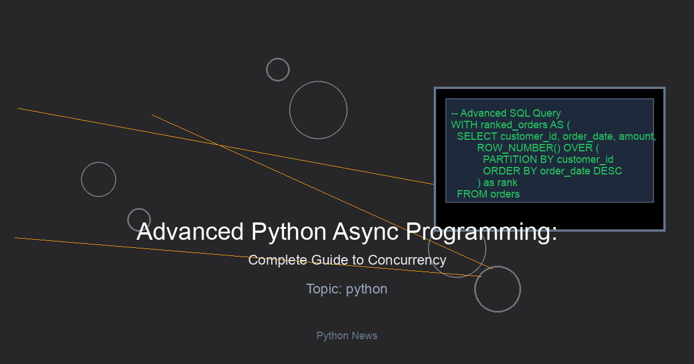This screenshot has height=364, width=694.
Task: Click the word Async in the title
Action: (366, 232)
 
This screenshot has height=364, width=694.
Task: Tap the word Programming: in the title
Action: (481, 232)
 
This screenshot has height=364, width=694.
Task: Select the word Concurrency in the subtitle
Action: (407, 261)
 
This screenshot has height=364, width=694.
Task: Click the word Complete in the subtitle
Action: (278, 261)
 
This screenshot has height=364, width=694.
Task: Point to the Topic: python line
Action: (346, 289)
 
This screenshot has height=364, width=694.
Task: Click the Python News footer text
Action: (346, 336)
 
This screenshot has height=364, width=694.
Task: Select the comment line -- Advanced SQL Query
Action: (506, 113)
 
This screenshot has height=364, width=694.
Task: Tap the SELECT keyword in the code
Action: (477, 136)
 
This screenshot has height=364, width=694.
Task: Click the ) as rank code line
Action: (497, 183)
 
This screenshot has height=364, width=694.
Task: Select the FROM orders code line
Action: (488, 194)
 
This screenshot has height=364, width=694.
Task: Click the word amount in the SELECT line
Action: (636, 136)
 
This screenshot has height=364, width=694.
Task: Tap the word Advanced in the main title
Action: (190, 232)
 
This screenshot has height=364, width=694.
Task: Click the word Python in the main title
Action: (289, 232)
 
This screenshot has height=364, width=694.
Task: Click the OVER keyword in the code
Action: (578, 148)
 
